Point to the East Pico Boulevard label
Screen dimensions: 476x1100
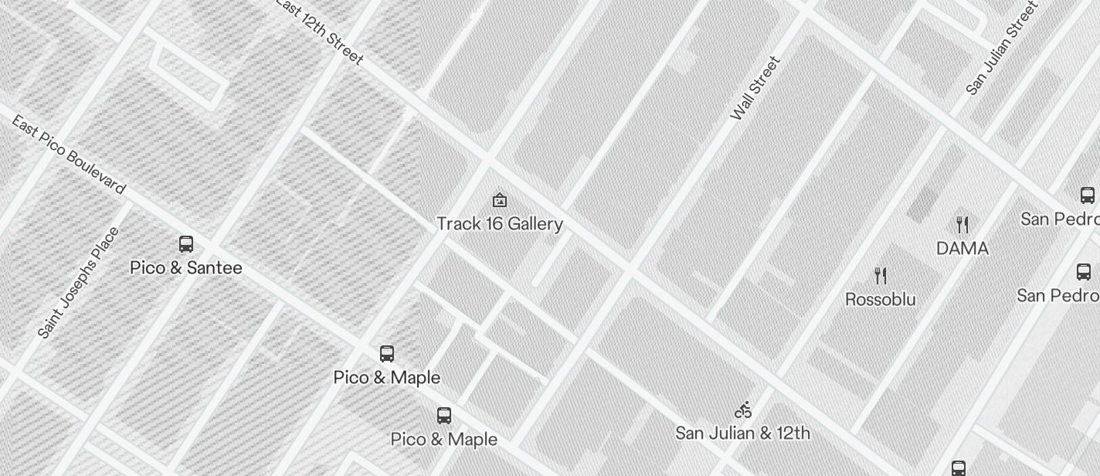tap(68, 155)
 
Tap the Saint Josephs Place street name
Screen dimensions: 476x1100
tap(79, 283)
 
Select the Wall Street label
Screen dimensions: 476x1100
tap(755, 88)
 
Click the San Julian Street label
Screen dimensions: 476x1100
tap(1001, 49)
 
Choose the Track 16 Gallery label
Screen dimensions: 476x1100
tap(500, 224)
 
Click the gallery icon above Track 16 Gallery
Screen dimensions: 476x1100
tap(500, 201)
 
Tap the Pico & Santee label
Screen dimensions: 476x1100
tap(186, 268)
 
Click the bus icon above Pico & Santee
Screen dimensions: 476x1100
tap(186, 244)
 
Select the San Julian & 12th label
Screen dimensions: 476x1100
tap(743, 433)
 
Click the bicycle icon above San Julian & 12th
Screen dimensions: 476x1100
tap(743, 410)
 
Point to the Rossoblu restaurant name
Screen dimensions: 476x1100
tap(881, 300)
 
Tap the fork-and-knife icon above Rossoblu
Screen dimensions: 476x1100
tap(881, 275)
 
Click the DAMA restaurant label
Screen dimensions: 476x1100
tap(963, 249)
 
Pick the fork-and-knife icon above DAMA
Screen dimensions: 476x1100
tap(963, 225)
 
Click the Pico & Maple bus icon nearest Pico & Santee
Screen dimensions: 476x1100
tap(387, 354)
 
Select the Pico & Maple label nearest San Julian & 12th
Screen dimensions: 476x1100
tap(444, 440)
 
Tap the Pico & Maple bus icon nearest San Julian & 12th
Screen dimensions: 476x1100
tap(444, 416)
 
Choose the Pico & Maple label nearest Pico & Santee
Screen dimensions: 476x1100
tap(387, 378)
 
